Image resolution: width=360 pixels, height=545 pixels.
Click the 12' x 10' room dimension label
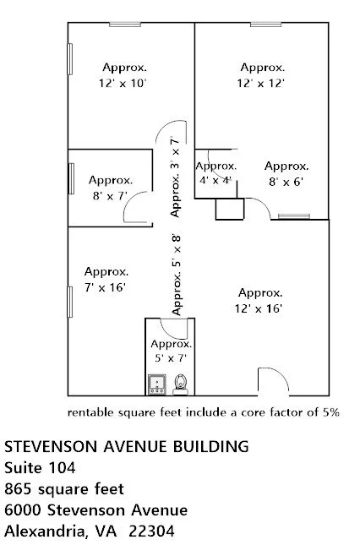click(x=124, y=75)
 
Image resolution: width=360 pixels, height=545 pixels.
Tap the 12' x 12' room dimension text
click(x=261, y=75)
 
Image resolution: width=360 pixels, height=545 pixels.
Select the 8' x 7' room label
click(x=110, y=188)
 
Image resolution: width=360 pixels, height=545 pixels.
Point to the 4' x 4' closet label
click(x=215, y=173)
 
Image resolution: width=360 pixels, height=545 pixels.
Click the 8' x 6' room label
click(x=286, y=173)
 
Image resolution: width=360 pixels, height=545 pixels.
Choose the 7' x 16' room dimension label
click(x=106, y=280)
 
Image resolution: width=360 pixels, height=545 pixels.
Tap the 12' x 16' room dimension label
click(x=259, y=300)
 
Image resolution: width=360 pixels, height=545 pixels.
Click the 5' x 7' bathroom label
click(x=171, y=352)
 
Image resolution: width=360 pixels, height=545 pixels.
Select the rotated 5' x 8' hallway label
click(x=177, y=274)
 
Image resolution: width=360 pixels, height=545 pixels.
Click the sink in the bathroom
click(x=156, y=385)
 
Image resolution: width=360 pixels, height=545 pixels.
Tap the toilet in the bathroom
click(x=179, y=385)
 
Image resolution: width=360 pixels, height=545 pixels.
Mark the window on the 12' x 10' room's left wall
click(x=69, y=64)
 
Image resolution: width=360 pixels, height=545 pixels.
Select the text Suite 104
click(x=40, y=467)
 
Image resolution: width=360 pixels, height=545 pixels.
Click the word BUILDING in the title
click(x=212, y=445)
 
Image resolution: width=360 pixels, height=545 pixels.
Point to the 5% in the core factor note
click(x=329, y=413)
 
